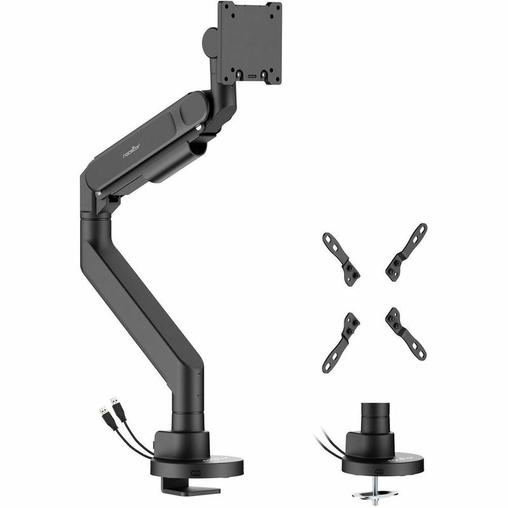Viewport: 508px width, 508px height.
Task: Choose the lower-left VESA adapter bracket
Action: point(340,342)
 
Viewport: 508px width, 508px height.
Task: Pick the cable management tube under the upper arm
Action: point(167,167)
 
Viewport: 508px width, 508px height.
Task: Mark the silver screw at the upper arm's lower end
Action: point(98,193)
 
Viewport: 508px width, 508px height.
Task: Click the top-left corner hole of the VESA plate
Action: point(223,8)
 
